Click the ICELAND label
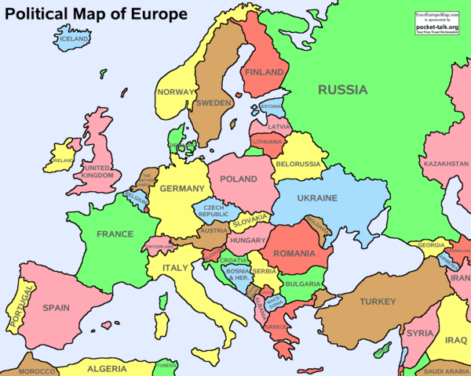coord(75,38)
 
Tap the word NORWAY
coord(175,92)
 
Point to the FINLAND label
coord(265,72)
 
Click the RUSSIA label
coord(342,90)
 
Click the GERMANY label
coord(181,189)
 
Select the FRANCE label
coord(115,234)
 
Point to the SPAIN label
coord(57,308)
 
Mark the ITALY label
coord(175,269)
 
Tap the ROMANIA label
coord(294,254)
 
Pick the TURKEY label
coord(378,302)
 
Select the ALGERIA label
coord(107,368)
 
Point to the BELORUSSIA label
coord(298,164)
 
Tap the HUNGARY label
coord(250,240)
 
